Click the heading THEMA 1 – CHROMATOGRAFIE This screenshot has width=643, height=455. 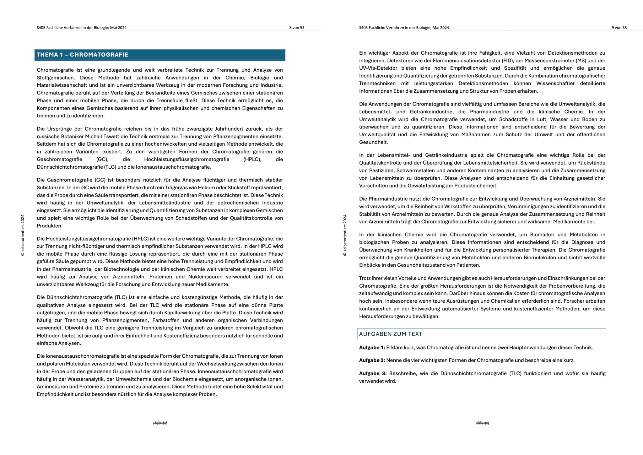83,55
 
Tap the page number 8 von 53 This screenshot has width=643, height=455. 297,28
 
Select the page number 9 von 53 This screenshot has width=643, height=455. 619,28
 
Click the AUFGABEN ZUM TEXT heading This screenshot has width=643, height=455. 391,334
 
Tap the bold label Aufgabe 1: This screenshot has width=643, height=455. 372,348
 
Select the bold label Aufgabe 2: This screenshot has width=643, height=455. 372,360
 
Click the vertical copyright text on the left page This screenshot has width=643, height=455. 23,235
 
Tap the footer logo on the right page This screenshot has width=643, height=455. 482,423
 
